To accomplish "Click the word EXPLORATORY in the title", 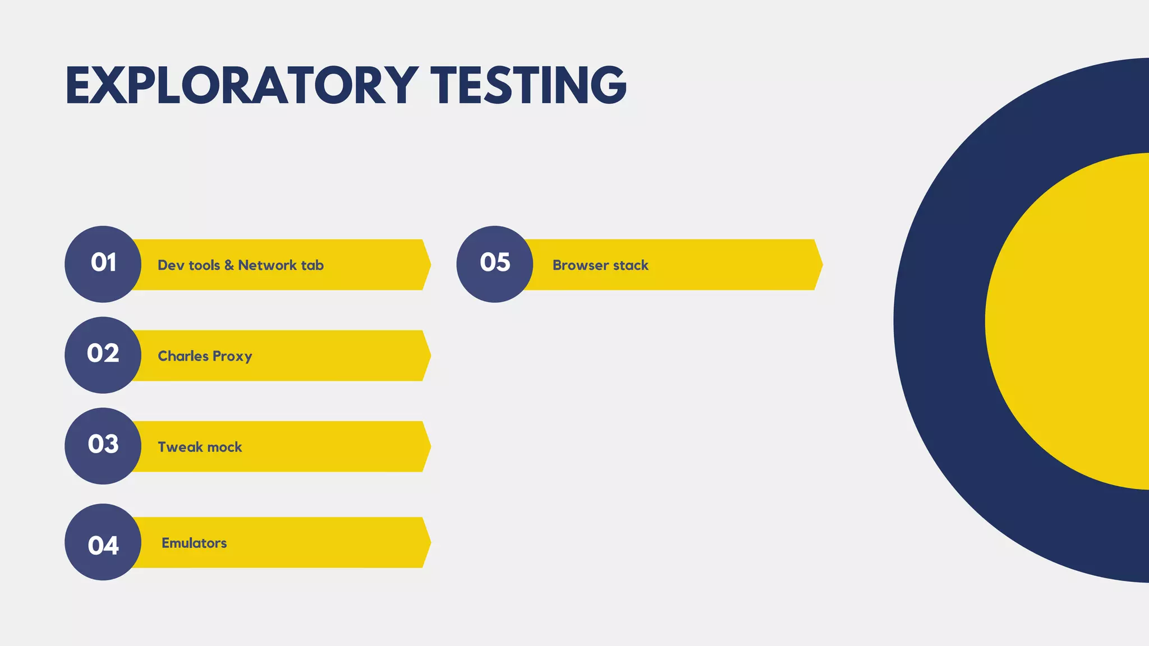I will pos(242,85).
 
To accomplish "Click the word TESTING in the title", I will pos(528,85).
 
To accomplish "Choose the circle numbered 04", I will pos(103,542).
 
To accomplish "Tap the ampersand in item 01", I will pos(229,265).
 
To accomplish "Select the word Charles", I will pos(183,356).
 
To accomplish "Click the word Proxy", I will pos(232,357).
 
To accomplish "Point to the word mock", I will pos(223,447).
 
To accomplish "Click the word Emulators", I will pos(194,543).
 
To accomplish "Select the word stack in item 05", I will pos(631,265).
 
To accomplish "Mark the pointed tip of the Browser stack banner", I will pos(821,265).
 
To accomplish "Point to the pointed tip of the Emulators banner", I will pos(430,542).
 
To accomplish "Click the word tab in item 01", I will pos(312,265).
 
